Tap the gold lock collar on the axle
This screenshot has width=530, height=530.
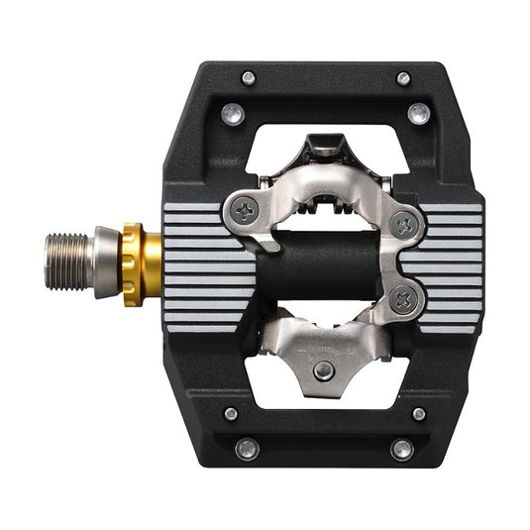click(x=141, y=265)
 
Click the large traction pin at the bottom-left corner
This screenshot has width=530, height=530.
click(x=247, y=449)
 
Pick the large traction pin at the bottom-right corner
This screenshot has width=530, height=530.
click(x=401, y=449)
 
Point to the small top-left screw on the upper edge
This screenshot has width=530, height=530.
click(x=248, y=77)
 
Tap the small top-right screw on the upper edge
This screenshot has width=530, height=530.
click(x=403, y=77)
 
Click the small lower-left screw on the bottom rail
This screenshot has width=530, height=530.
click(x=231, y=413)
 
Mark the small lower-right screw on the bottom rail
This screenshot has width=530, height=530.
click(x=418, y=413)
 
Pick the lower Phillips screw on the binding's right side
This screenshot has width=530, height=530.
click(x=400, y=300)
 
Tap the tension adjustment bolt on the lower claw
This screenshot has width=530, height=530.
click(x=324, y=370)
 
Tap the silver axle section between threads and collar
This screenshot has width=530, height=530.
click(x=105, y=264)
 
